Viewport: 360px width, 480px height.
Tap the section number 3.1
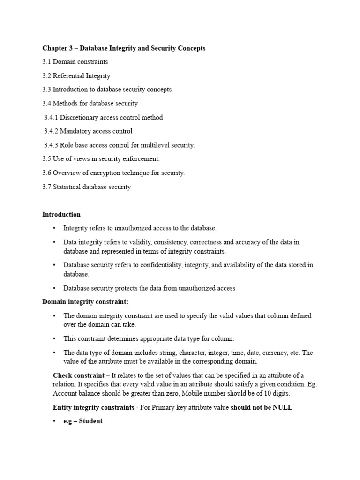tap(47, 62)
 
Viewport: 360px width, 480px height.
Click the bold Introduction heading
tap(61, 215)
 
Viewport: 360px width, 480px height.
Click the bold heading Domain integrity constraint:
tap(85, 301)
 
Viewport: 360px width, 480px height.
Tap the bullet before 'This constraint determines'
tap(54, 338)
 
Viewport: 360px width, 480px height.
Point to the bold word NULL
tap(282, 407)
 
